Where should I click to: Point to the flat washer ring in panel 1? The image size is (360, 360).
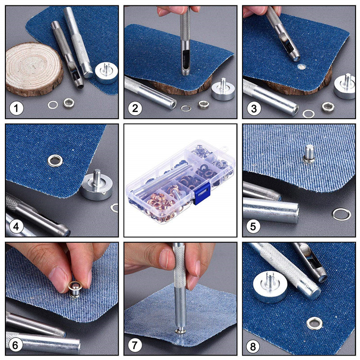pos(53,105)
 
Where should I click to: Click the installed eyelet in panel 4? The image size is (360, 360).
pos(56,159)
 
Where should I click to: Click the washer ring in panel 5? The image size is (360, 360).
pos(342,214)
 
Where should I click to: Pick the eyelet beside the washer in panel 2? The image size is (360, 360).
pos(203,104)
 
